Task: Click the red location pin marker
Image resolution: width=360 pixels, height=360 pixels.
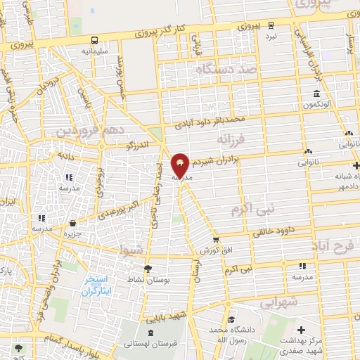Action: coord(180,166)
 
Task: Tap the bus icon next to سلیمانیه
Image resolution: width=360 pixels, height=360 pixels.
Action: coord(94,40)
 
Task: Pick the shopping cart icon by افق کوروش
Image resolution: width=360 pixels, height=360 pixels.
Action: coord(217,240)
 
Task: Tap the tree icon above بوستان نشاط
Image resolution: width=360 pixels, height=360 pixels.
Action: coord(147,268)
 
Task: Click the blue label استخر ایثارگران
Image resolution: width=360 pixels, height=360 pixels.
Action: coord(94,285)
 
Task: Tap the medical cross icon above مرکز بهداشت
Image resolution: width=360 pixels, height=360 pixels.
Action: coord(302,329)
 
